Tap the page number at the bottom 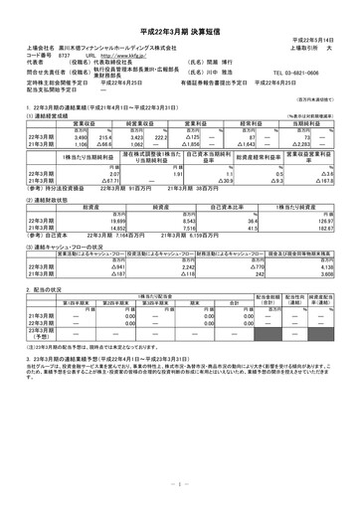pyautogui.click(x=180, y=484)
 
